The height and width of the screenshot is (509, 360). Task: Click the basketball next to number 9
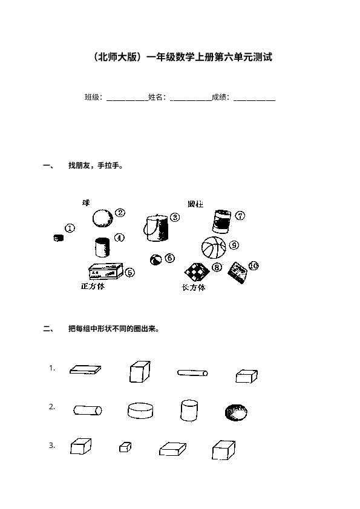(x=214, y=247)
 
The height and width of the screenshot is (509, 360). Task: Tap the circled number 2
(x=120, y=213)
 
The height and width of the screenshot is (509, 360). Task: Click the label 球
(x=86, y=203)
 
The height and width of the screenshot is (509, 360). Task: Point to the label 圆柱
(x=195, y=204)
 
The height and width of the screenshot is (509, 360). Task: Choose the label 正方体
(x=93, y=287)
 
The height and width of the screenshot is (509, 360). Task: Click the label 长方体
(x=194, y=287)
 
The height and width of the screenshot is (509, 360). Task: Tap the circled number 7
(x=240, y=216)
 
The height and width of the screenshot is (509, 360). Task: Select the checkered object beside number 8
(x=197, y=272)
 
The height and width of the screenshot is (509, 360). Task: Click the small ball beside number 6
(x=155, y=260)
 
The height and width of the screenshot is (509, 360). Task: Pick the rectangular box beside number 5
(x=106, y=271)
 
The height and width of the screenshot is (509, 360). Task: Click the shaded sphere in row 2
(x=236, y=413)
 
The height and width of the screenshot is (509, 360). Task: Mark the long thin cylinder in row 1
(x=192, y=372)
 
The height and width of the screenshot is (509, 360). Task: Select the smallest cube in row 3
(x=125, y=447)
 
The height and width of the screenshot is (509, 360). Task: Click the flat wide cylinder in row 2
(x=140, y=410)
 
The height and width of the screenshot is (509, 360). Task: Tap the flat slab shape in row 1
(x=85, y=369)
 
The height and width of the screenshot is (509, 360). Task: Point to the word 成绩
(x=218, y=97)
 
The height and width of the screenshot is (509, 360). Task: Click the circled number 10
(x=254, y=266)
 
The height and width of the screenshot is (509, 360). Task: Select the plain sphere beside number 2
(x=103, y=218)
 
